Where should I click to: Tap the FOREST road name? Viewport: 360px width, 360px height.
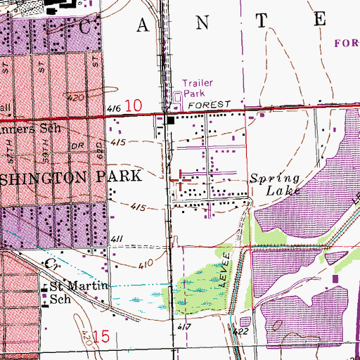(214, 104)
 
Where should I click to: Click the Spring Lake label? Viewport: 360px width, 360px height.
(276, 184)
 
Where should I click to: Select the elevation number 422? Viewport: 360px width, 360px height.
(241, 330)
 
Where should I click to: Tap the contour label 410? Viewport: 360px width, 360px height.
(146, 265)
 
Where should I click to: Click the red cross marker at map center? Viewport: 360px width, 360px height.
(181, 180)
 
